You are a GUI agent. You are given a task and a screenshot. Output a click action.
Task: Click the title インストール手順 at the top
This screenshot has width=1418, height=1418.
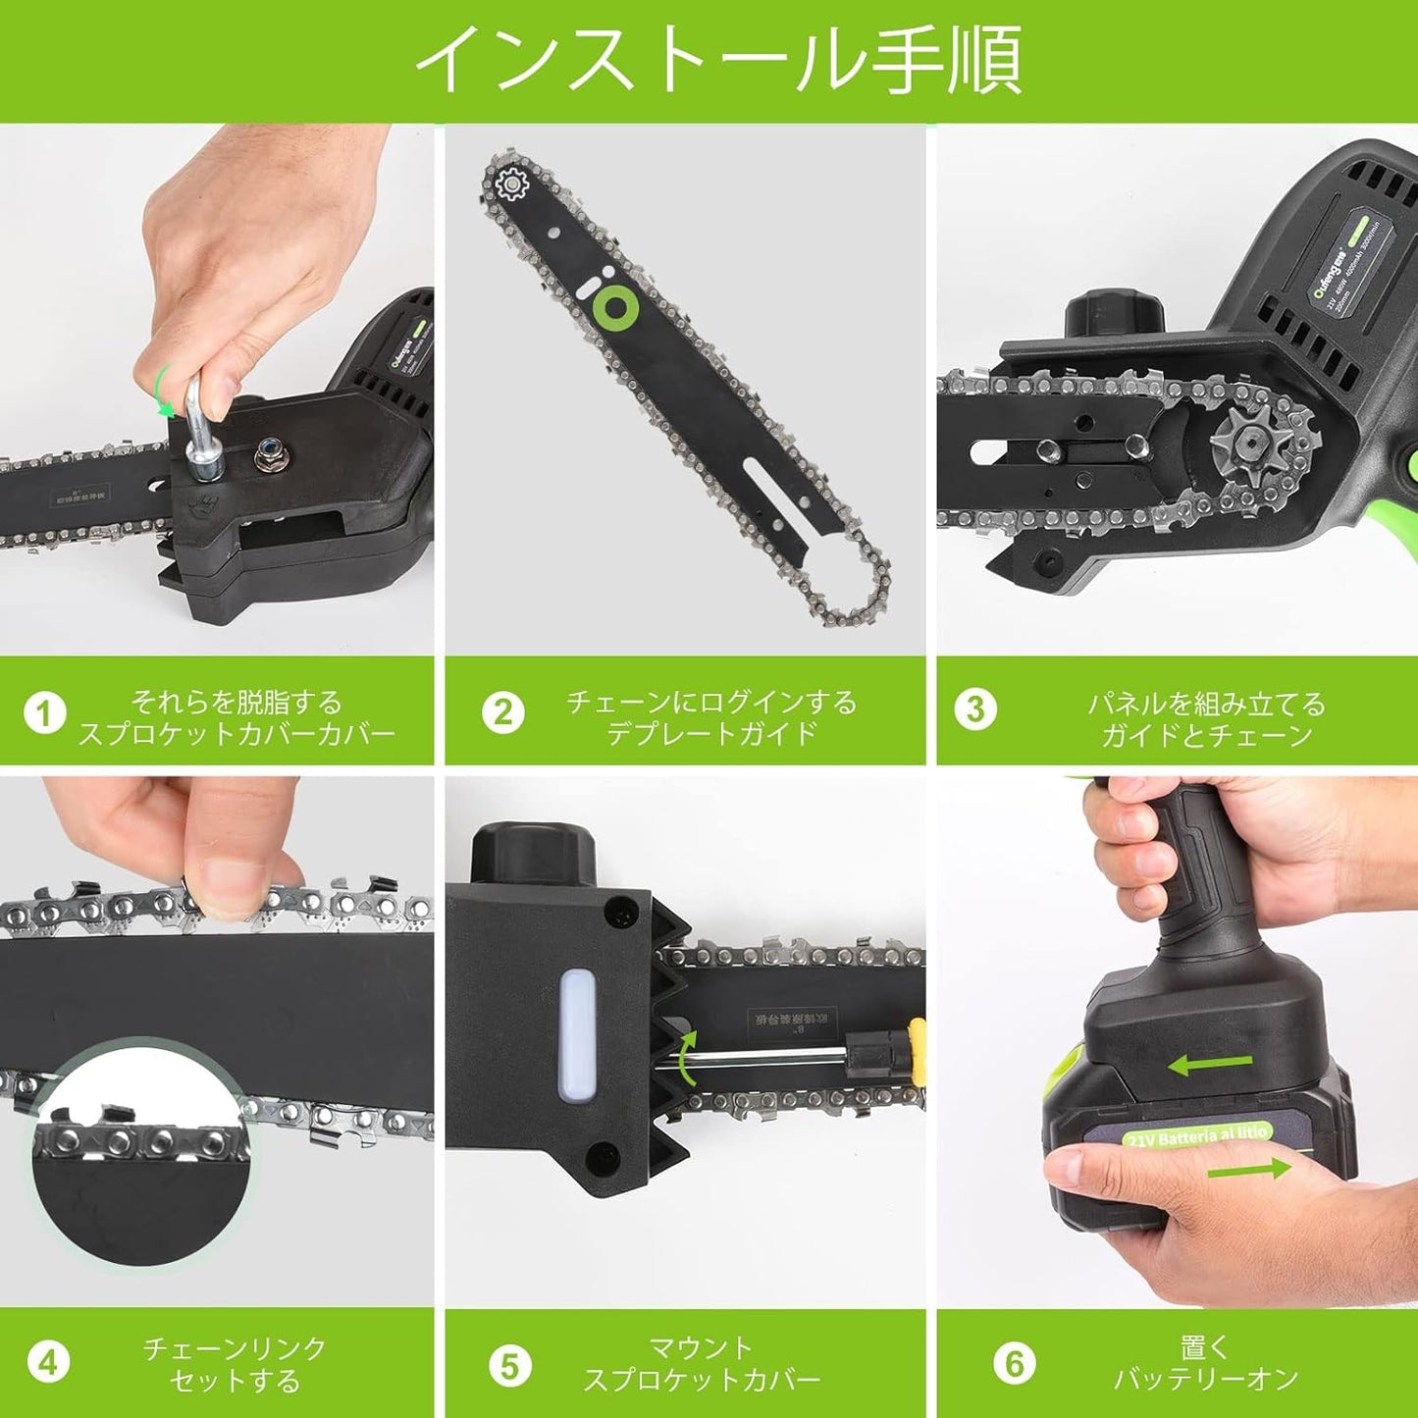(718, 60)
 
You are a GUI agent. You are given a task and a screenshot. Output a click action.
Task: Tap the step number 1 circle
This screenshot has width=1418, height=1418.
(44, 713)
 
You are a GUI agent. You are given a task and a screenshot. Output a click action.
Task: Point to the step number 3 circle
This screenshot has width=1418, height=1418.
(974, 709)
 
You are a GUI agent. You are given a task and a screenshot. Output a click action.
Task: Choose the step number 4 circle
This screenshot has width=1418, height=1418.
(47, 1363)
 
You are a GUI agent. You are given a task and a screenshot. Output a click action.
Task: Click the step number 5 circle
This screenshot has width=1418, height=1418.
(509, 1366)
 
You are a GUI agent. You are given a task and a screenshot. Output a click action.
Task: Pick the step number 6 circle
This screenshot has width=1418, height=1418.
(1014, 1363)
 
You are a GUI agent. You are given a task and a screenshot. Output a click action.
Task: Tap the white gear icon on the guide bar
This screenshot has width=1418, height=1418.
(511, 184)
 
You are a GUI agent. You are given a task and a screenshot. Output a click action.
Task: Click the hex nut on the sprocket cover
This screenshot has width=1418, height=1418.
(267, 452)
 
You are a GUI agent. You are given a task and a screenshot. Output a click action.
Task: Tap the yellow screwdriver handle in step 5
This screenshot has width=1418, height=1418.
(917, 1051)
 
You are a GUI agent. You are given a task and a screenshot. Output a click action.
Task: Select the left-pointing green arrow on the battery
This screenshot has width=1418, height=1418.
(1211, 1064)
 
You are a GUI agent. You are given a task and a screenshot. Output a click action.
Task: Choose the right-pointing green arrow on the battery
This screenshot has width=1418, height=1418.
(1248, 1169)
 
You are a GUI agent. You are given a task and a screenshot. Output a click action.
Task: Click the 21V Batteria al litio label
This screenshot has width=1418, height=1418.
(1197, 1135)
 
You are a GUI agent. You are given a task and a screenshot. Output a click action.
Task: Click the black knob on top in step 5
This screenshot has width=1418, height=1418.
(533, 853)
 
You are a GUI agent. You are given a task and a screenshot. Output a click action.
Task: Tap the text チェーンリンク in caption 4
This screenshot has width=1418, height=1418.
(235, 1348)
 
